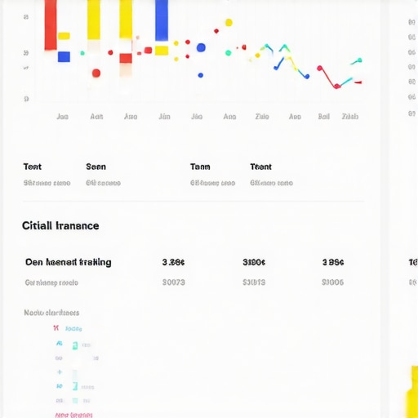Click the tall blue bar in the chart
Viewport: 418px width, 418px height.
pos(162,20)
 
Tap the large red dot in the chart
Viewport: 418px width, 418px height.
pos(96,73)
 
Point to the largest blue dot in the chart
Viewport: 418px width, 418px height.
pos(201,48)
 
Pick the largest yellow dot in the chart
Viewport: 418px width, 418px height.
pos(229,23)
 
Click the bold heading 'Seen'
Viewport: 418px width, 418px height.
pos(96,167)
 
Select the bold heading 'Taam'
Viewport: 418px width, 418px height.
pos(200,167)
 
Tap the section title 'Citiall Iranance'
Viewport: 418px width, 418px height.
pos(60,225)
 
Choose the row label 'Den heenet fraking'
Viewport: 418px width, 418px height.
pos(68,262)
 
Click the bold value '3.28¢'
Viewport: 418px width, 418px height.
pos(173,262)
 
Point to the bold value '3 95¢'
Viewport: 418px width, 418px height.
pos(332,262)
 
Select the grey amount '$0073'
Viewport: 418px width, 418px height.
pos(173,282)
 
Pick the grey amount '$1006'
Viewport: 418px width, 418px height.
pos(332,282)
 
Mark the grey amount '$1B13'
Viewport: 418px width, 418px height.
pos(254,282)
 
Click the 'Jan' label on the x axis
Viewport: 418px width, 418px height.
pos(62,117)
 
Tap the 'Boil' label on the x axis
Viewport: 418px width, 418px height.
pos(324,117)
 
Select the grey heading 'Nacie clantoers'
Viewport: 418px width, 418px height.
pos(51,313)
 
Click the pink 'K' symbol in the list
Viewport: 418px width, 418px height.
pos(56,328)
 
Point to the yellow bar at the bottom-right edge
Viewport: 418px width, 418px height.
pos(411,392)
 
